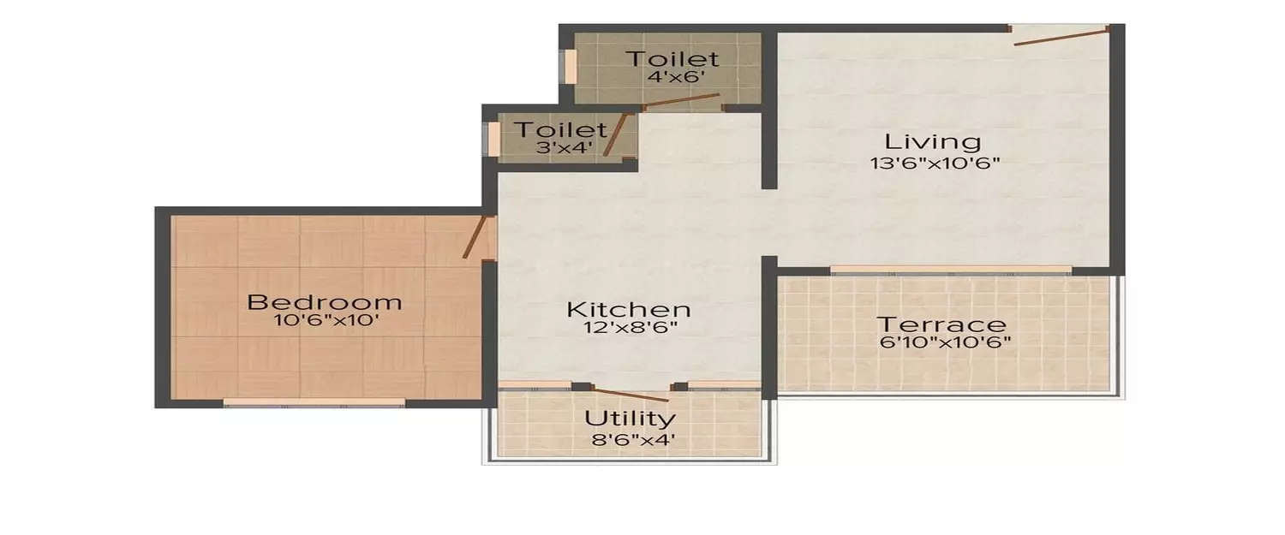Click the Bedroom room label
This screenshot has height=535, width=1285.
[x=324, y=302]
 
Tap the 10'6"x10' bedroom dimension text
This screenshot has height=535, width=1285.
[x=324, y=322]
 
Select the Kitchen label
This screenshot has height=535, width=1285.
[x=629, y=308]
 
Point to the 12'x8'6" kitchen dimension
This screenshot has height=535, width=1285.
[x=629, y=328]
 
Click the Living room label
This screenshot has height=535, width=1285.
[x=932, y=141]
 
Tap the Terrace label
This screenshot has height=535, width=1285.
[x=941, y=324]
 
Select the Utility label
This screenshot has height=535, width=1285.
[x=630, y=419]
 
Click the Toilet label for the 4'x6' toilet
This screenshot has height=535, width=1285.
[x=672, y=59]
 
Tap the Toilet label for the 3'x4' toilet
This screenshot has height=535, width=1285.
[x=559, y=130]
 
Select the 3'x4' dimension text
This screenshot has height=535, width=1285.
[x=559, y=146]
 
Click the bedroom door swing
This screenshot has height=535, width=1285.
[x=475, y=236]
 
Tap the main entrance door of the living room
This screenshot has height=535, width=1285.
[x=1061, y=34]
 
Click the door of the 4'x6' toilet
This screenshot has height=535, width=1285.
[x=681, y=101]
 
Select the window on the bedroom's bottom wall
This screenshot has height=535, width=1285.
[x=314, y=402]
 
